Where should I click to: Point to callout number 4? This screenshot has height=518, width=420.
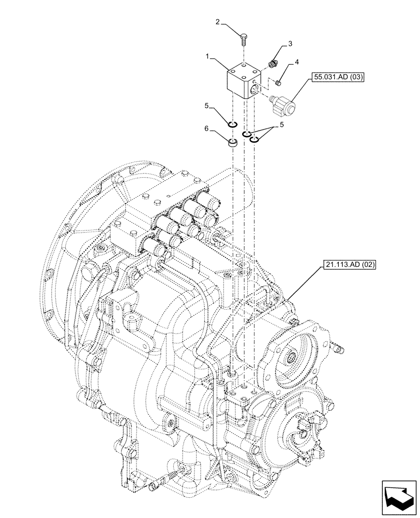click(x=296, y=62)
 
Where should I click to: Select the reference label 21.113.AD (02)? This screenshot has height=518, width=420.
click(x=349, y=265)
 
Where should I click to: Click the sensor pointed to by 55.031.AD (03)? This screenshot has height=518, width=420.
click(x=283, y=105)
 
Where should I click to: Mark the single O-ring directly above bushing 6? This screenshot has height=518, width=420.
click(x=233, y=124)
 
